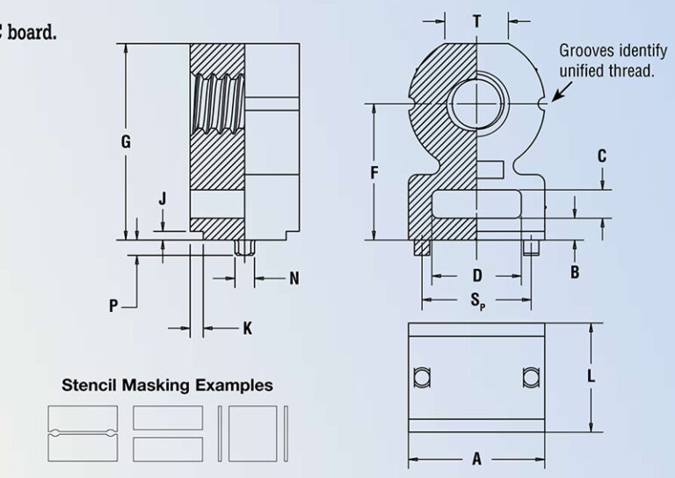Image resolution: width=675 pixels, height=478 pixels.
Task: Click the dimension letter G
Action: tap(127, 141)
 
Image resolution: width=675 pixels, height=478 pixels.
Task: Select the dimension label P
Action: tap(113, 306)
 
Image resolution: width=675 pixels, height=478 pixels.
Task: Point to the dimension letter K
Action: tap(247, 329)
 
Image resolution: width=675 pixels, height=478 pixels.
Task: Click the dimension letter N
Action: tap(294, 279)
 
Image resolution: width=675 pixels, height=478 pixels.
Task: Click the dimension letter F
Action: tap(374, 173)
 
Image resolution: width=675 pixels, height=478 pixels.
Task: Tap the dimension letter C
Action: tap(602, 156)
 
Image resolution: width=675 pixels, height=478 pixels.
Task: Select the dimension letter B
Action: tap(575, 272)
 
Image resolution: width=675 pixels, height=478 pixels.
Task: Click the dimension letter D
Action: tap(476, 275)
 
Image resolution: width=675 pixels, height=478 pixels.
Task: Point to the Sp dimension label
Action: tap(477, 302)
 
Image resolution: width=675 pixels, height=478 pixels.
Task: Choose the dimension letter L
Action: tap(592, 376)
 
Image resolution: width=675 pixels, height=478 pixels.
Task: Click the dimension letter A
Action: tap(477, 459)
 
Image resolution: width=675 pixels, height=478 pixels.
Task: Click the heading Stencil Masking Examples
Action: tap(167, 385)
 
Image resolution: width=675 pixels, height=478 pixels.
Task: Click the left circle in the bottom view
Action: tap(422, 377)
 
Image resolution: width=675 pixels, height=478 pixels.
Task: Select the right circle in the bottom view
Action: tap(530, 377)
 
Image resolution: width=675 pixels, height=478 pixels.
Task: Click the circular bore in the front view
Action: tap(475, 105)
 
